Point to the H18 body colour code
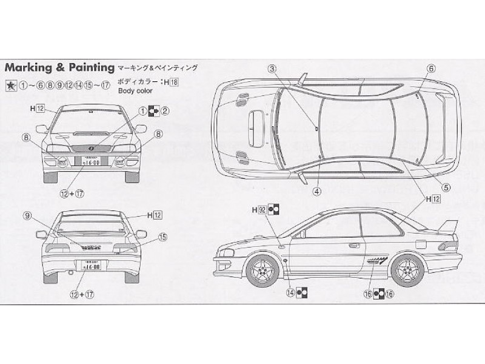coord(170,81)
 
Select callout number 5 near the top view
coord(446,187)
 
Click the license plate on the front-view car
coord(92,161)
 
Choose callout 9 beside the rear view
coord(27,215)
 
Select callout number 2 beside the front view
coord(164,110)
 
